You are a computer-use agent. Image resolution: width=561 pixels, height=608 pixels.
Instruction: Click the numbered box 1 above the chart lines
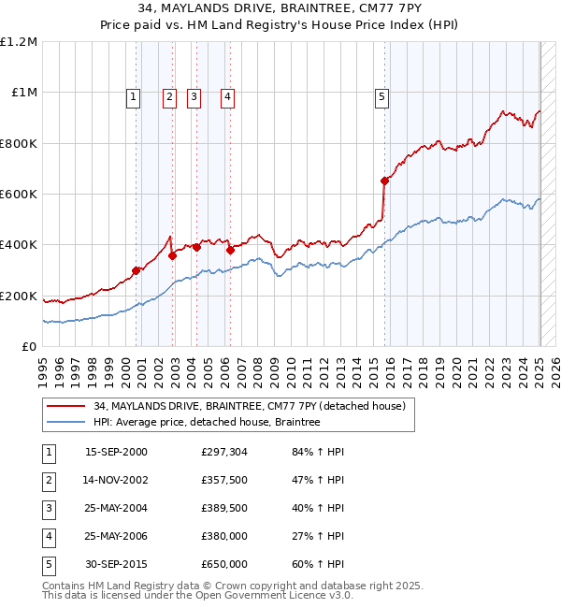[x=134, y=94]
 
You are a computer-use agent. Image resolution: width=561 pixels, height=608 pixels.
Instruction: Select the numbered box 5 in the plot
[x=382, y=94]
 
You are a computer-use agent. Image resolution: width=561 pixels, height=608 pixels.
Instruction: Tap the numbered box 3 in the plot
[x=194, y=94]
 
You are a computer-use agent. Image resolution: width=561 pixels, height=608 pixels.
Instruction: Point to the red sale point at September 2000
[x=137, y=270]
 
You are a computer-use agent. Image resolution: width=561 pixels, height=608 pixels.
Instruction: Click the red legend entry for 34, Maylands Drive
[x=250, y=407]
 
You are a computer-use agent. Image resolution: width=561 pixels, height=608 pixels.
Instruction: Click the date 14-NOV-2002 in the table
[x=116, y=480]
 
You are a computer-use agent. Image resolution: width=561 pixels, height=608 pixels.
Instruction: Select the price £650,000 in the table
[x=224, y=564]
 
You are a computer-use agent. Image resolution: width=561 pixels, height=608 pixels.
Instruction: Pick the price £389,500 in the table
[x=224, y=508]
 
